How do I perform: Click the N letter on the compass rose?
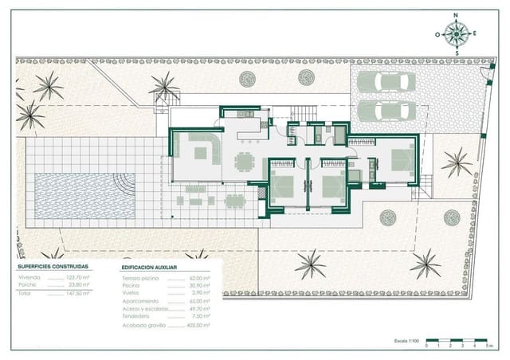pos(457,16)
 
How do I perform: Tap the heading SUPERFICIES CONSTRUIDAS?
pos(53,267)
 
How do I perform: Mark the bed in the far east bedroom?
pos(398,160)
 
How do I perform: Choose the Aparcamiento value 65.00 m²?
pos(201,301)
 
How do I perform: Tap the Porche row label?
pos(28,284)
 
